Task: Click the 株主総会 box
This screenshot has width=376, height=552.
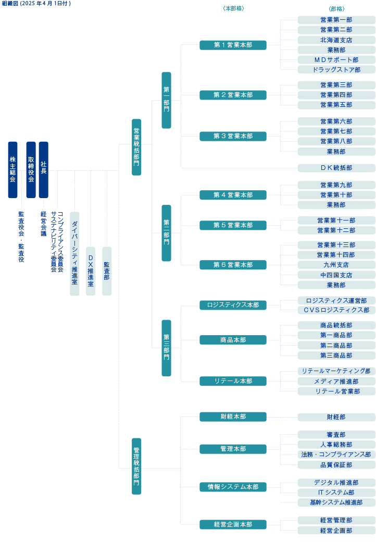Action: [x=12, y=170]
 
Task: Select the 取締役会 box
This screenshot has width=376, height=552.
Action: [x=31, y=170]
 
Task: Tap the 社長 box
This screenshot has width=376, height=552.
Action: [x=43, y=170]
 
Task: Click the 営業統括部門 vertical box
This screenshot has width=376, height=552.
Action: [x=136, y=147]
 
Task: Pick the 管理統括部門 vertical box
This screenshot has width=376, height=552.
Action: [x=136, y=466]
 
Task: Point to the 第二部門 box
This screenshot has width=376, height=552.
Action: [x=166, y=233]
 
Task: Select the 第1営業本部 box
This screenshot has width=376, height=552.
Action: [x=233, y=45]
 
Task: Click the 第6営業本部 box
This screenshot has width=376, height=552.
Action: [x=233, y=265]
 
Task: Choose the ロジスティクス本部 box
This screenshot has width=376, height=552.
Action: [x=233, y=305]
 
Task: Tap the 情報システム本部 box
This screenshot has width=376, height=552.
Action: [x=233, y=487]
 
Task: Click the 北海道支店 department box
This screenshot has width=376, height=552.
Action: [x=336, y=40]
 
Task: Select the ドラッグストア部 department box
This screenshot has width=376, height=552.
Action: [x=336, y=70]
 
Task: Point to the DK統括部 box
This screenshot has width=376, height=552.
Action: [x=336, y=168]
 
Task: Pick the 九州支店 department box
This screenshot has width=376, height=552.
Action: [x=336, y=265]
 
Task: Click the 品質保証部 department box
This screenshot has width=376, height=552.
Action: [x=336, y=465]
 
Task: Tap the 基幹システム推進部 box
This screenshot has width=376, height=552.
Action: [x=336, y=502]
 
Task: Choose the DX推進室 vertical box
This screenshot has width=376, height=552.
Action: [x=91, y=271]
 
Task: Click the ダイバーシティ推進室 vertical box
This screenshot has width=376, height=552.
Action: [x=74, y=254]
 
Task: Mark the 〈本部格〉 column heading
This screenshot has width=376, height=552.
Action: [x=233, y=9]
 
